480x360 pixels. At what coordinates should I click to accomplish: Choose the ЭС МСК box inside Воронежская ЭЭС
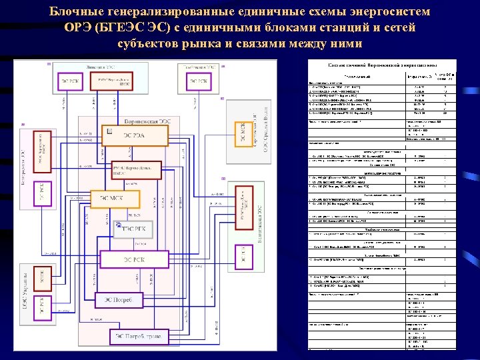click(112, 197)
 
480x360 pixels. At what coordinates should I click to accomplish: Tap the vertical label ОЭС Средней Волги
click(264, 133)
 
